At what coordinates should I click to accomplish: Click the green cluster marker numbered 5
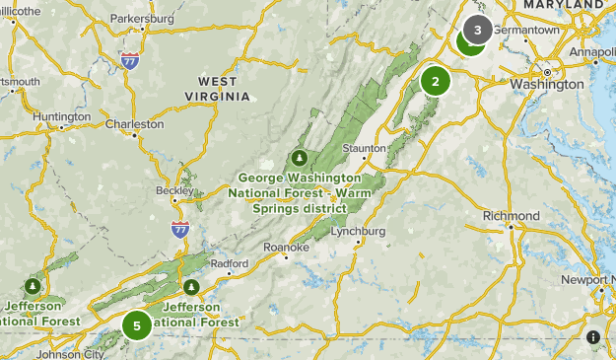pyautogui.click(x=137, y=324)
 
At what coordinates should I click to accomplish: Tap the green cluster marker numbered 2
pyautogui.click(x=435, y=81)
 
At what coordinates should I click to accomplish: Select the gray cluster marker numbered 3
pyautogui.click(x=478, y=30)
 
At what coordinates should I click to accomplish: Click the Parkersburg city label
pyautogui.click(x=142, y=19)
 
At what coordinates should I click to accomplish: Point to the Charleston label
pyautogui.click(x=134, y=124)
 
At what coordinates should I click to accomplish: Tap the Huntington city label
pyautogui.click(x=61, y=116)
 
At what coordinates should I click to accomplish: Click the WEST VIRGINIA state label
pyautogui.click(x=218, y=88)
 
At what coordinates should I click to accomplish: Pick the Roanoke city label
pyautogui.click(x=286, y=248)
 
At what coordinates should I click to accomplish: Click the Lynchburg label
pyautogui.click(x=358, y=232)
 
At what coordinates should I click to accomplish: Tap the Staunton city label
pyautogui.click(x=364, y=148)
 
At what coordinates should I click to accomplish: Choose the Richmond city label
pyautogui.click(x=511, y=216)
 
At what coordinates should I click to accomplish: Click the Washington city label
pyautogui.click(x=546, y=84)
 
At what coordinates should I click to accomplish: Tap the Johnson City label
pyautogui.click(x=70, y=353)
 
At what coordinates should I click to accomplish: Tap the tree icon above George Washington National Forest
pyautogui.click(x=300, y=158)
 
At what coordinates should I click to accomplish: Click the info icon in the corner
pyautogui.click(x=592, y=336)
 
